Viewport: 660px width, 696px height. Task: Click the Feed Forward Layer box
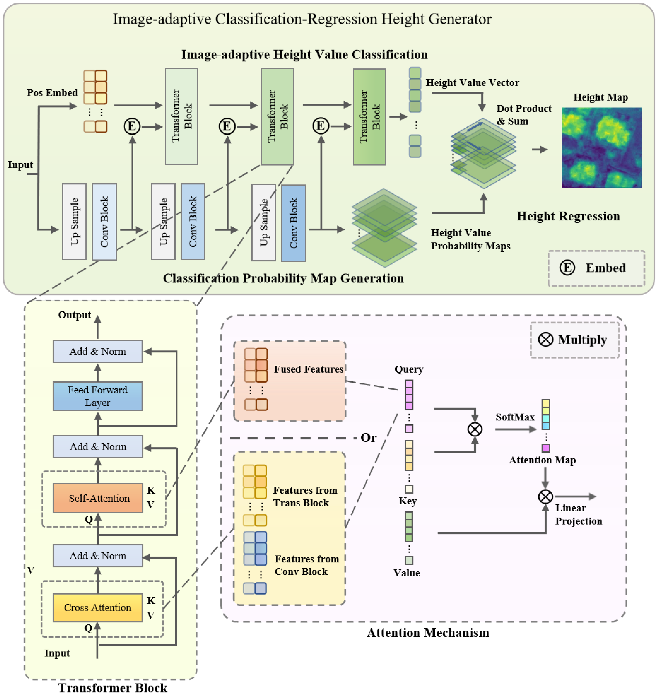pos(97,396)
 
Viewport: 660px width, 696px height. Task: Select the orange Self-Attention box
pos(98,498)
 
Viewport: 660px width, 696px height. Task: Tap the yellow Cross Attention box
pos(97,607)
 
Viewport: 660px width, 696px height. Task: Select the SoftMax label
pos(515,417)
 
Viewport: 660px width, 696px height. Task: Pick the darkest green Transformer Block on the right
pos(369,117)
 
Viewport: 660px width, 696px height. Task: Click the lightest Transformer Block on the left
pos(181,116)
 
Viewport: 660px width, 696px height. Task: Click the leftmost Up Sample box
pos(74,222)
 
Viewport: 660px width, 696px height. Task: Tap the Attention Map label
pos(542,460)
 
